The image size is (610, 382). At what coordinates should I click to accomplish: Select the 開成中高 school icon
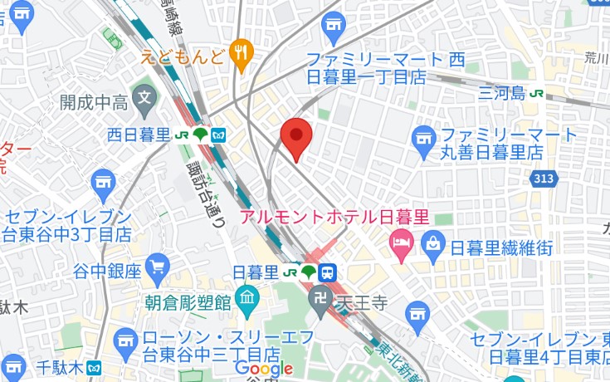[144, 98]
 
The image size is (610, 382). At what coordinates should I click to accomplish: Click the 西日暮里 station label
[139, 135]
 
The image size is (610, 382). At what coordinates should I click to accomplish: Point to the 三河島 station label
[502, 94]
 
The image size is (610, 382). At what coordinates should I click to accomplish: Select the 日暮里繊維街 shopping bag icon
[433, 243]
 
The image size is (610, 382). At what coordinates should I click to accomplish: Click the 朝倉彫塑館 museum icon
[247, 296]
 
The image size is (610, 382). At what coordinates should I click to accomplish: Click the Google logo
[264, 369]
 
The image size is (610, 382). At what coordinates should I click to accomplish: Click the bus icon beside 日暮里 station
[328, 272]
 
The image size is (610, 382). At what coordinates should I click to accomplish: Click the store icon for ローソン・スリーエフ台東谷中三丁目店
[125, 338]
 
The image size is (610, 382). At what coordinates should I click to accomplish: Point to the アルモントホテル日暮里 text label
[334, 218]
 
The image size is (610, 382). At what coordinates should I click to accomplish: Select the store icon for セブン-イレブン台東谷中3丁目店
[104, 180]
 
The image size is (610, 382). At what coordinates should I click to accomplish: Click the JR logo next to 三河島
[537, 94]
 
